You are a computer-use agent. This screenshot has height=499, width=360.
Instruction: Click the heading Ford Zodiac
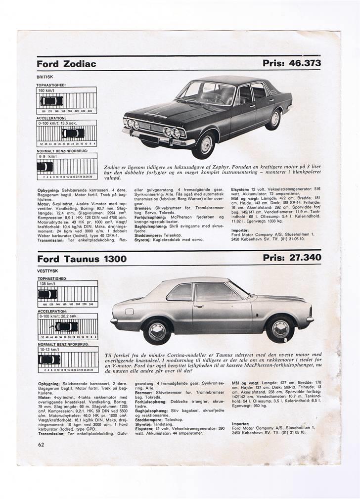click(x=66, y=64)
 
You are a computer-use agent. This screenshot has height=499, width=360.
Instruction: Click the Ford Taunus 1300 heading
click(x=82, y=259)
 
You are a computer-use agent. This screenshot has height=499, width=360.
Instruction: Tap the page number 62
click(x=41, y=445)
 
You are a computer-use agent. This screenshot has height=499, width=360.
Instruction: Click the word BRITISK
click(x=45, y=77)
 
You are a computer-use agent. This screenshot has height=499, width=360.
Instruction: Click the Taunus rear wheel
click(x=157, y=332)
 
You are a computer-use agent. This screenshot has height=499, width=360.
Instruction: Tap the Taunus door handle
click(x=198, y=306)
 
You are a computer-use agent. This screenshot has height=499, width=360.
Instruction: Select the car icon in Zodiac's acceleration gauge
click(x=73, y=133)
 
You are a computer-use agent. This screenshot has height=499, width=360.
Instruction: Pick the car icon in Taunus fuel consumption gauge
click(x=49, y=360)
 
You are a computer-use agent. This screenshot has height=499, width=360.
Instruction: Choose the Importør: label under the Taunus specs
click(x=241, y=424)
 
